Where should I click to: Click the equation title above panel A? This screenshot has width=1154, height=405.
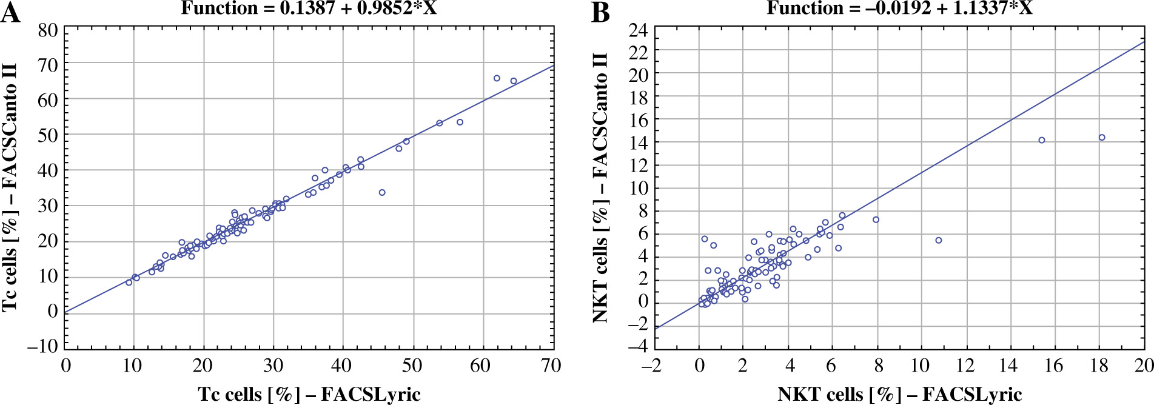click(309, 8)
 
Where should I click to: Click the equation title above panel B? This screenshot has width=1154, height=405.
click(899, 8)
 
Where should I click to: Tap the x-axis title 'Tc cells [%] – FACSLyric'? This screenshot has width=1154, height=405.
click(309, 394)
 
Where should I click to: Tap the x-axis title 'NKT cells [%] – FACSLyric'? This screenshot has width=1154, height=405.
click(899, 394)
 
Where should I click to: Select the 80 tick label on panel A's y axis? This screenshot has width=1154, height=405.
click(48, 30)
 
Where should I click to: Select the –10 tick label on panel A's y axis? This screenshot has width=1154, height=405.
click(42, 346)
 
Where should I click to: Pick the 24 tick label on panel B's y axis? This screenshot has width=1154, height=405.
click(638, 30)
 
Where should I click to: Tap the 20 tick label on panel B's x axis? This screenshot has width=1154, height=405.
click(1144, 365)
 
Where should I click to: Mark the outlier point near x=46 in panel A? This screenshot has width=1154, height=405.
click(382, 192)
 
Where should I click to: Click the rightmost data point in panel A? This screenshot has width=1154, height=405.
click(514, 81)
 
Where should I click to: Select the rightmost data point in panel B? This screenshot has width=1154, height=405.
click(1102, 138)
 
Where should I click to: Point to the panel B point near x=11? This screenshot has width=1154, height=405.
click(939, 240)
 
